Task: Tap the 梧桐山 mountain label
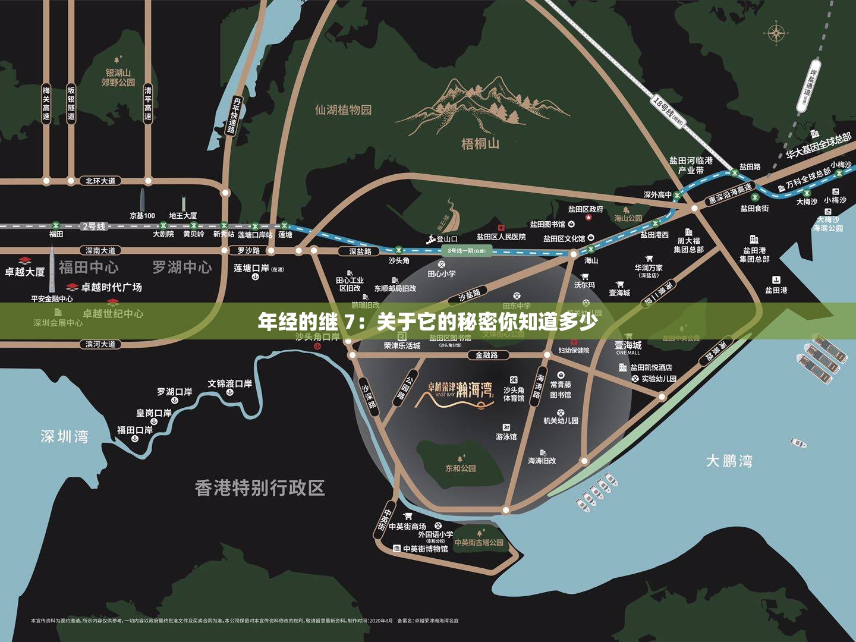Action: [x=480, y=144]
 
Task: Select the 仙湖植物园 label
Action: [x=343, y=110]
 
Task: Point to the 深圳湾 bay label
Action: [x=64, y=437]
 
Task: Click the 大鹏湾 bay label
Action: [x=729, y=461]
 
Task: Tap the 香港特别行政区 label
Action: [x=260, y=488]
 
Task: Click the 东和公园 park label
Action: [x=461, y=468]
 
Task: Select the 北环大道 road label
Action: [x=100, y=181]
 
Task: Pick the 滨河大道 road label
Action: [x=100, y=344]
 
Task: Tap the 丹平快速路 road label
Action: [x=234, y=116]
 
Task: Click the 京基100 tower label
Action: [x=142, y=216]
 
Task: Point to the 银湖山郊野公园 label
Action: [x=118, y=77]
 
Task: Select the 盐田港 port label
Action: [x=776, y=290]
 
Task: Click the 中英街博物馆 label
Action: [x=425, y=549]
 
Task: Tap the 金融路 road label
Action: [x=486, y=355]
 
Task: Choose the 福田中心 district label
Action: [x=88, y=267]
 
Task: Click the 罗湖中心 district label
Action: [x=182, y=267]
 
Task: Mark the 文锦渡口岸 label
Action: [x=229, y=384]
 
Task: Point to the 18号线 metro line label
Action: [x=669, y=111]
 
